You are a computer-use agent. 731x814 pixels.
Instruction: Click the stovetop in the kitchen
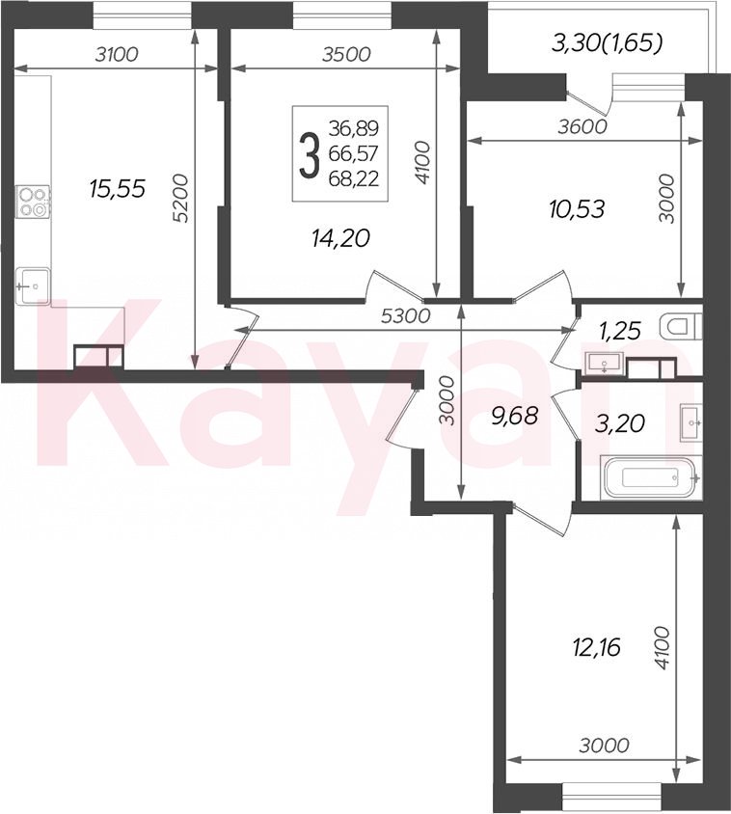(33, 202)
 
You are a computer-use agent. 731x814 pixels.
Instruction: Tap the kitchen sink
(33, 286)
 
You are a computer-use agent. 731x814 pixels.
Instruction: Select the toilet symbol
(681, 327)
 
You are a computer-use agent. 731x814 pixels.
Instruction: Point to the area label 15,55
(117, 188)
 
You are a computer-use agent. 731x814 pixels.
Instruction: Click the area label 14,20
(340, 238)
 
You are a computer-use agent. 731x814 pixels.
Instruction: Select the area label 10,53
(577, 209)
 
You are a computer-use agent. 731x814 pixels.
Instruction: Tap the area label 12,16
(598, 648)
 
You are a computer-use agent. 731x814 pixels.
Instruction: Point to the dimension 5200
(180, 199)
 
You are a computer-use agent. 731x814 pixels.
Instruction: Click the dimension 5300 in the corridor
(405, 315)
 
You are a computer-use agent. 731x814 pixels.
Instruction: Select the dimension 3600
(582, 126)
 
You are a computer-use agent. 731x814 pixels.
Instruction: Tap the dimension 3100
(117, 54)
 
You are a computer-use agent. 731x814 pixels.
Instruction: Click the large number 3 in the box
(309, 154)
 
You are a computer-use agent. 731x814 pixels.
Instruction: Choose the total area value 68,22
(354, 179)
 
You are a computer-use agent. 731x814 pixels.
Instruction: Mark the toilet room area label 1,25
(620, 330)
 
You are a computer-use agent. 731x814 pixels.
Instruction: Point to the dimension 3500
(346, 54)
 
